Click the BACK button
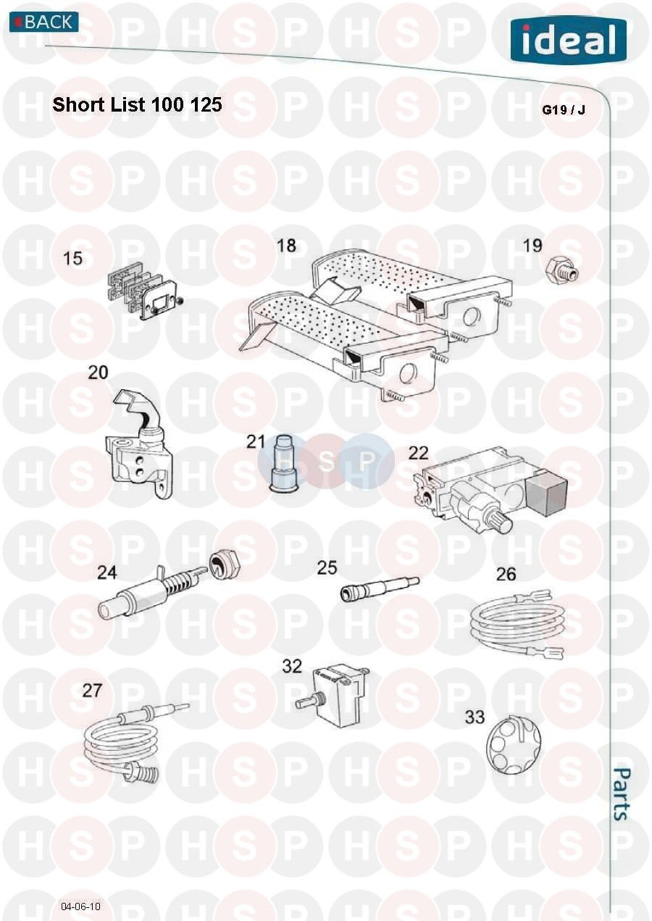pos(44,22)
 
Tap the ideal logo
pos(569,40)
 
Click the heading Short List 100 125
pos(138,104)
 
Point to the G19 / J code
pos(563,110)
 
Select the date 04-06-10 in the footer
pos(80,907)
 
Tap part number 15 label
pos(72,258)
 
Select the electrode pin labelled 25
pos(380,588)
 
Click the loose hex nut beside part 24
pos(224,564)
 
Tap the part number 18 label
pos(287,246)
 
